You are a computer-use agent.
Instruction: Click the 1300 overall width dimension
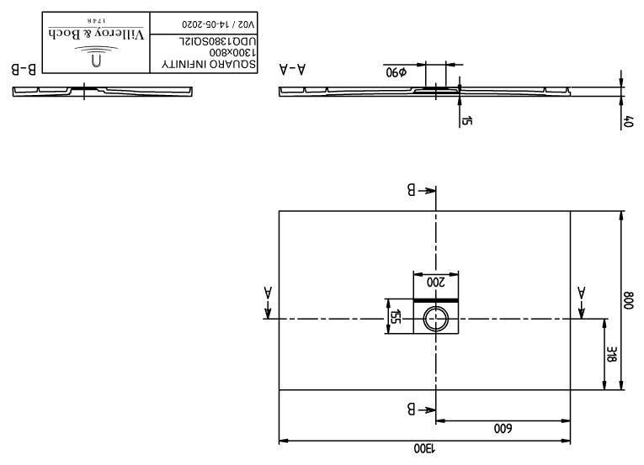coord(424,448)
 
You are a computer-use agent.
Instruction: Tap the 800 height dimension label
coord(629,300)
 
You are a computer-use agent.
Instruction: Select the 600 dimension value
coord(503,429)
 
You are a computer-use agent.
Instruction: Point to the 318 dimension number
coord(612,354)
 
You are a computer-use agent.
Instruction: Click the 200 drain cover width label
coord(436,283)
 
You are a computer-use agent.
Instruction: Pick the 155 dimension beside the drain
coord(395,316)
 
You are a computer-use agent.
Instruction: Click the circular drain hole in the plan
coord(436,319)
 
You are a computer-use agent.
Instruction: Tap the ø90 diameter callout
coord(396,72)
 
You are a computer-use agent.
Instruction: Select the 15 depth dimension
coord(467,120)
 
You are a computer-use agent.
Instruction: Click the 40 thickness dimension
coord(628,122)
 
